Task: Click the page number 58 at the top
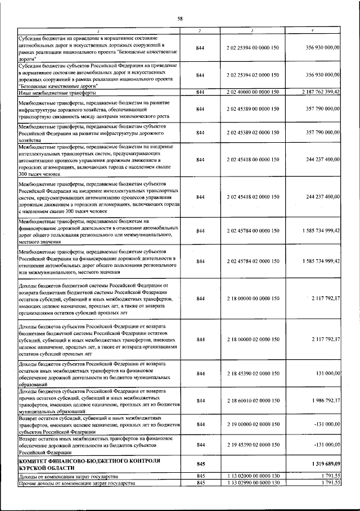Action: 180,19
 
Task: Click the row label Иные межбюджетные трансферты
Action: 51,92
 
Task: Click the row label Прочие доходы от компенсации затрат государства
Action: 77,483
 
